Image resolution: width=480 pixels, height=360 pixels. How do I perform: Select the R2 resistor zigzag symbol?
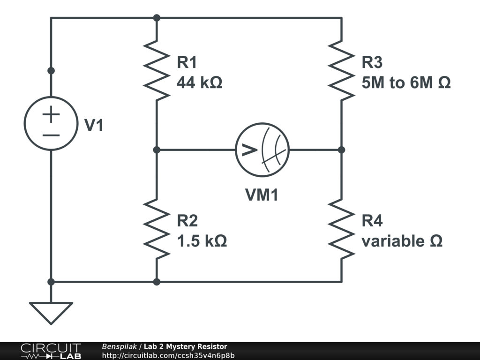coord(157,229)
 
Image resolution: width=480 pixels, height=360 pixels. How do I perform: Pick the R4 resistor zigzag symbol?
coord(341,229)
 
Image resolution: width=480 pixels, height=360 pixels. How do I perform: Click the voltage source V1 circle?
coord(51,123)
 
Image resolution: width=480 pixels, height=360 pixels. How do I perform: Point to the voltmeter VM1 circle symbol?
coord(262,150)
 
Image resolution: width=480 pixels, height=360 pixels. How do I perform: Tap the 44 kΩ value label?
coord(199,83)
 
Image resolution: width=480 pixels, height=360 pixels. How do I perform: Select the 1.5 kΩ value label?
coord(202,241)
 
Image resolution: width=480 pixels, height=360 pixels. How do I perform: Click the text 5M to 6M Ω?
coord(406,83)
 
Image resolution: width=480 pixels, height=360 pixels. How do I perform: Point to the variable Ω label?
coord(402,241)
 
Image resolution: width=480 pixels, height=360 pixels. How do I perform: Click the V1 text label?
coord(93,126)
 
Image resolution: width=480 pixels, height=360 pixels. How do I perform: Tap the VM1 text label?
coord(262,195)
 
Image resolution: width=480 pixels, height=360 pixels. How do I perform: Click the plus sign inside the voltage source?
coord(51,114)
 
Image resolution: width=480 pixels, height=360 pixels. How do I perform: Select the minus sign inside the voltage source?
coord(51,135)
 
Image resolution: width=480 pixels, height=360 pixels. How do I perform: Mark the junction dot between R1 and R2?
coord(157,150)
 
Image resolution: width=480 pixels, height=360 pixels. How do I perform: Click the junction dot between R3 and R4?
coord(341,150)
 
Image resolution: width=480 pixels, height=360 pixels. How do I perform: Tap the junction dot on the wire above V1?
coord(51,70)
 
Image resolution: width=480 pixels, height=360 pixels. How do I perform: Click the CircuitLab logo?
coord(50,351)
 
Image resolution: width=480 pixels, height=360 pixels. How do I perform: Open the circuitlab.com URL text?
coord(168,355)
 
